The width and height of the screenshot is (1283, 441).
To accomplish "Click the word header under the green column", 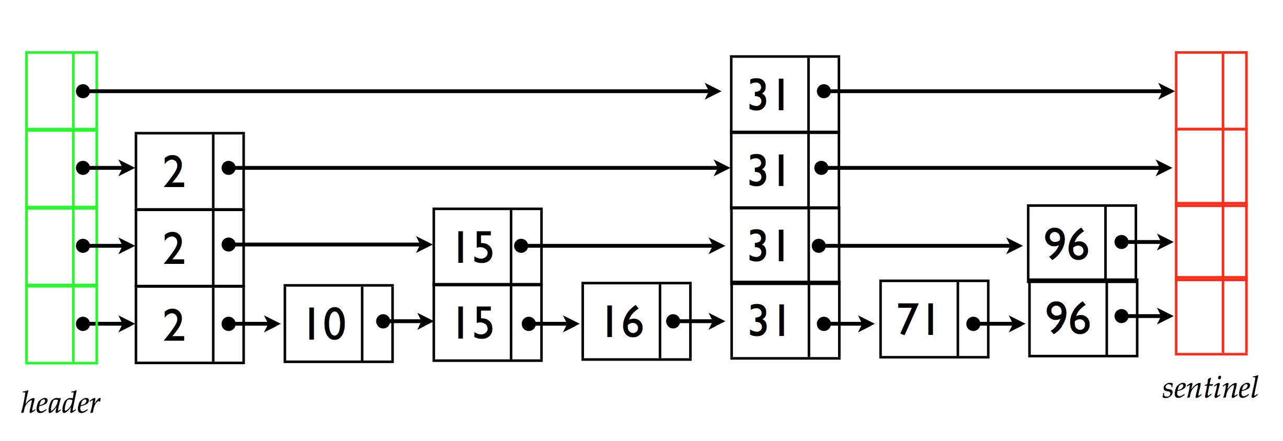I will coord(60,403).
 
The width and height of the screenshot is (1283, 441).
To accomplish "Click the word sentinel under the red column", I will coord(1209,388).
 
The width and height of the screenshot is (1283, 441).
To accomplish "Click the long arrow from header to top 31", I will coord(403,91).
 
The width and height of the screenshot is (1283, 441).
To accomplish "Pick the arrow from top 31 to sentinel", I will coord(999,91).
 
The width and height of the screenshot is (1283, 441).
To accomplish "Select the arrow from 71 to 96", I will coord(1001,324).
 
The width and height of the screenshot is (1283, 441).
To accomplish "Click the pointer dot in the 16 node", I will coord(673,321).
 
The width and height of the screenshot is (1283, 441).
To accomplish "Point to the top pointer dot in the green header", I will coord(83,91).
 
